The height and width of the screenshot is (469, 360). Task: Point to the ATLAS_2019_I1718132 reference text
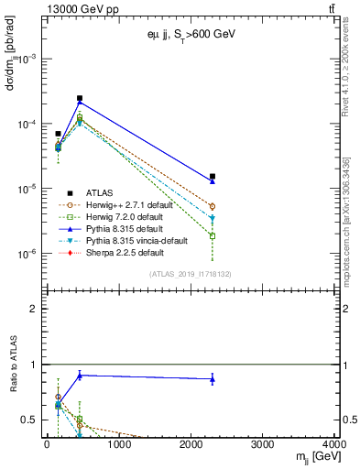tap(191, 273)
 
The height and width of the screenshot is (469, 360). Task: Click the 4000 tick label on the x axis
tap(336, 445)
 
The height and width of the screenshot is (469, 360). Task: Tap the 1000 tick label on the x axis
tap(119, 445)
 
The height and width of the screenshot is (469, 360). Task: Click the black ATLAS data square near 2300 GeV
tap(213, 176)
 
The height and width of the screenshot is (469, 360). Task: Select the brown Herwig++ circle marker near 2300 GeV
tap(213, 207)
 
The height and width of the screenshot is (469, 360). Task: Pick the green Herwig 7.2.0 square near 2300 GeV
tap(213, 235)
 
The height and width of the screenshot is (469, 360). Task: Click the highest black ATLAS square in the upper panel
tap(80, 98)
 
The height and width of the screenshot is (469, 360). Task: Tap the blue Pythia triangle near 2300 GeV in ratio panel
tap(213, 378)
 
